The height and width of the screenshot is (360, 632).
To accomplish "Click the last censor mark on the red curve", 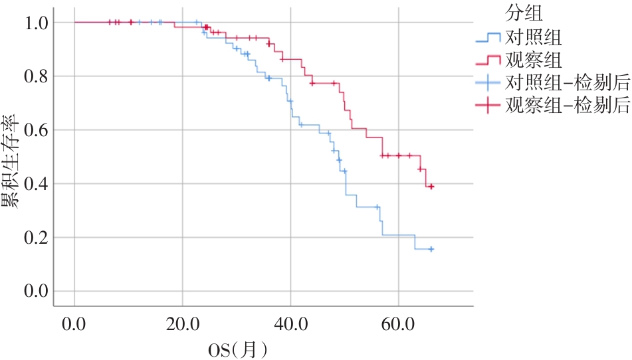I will coord(431,187).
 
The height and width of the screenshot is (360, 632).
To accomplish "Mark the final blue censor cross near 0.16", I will coord(431,249).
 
